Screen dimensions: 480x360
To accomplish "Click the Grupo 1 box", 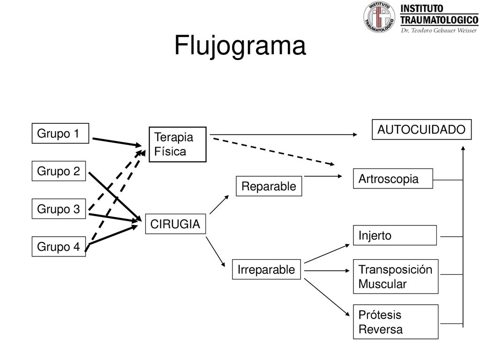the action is coord(60,133).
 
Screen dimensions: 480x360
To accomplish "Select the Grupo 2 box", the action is coord(59,171).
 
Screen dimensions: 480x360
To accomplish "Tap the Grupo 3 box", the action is coord(59,209).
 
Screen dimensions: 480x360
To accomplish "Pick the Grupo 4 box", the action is coord(59,247).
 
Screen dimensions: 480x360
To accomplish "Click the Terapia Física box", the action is coord(178,144).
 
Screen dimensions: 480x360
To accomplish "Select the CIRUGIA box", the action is coord(175,224).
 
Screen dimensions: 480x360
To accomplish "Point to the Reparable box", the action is coord(269,186).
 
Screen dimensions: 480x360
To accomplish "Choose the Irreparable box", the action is coord(266,270).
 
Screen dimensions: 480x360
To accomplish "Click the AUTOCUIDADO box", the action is coord(421,129).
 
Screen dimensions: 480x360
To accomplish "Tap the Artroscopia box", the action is coord(393,179).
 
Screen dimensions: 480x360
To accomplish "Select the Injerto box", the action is coord(395,235).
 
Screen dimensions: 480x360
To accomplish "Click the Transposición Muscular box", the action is coord(396,277).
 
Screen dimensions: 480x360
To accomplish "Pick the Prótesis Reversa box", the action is coord(396,322).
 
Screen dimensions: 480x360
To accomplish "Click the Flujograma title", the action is coord(240,45).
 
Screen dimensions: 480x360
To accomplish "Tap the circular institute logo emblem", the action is coord(379,17).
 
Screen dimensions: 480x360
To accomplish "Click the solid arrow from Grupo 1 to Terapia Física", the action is coord(117,142).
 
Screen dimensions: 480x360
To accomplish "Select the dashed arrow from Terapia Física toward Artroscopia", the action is coord(274,152).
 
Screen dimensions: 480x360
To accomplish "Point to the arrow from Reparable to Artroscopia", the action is coord(323,176).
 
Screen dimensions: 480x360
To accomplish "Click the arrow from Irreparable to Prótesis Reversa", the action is coord(327,297).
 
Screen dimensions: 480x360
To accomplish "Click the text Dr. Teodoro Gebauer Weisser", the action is coord(439,30).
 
